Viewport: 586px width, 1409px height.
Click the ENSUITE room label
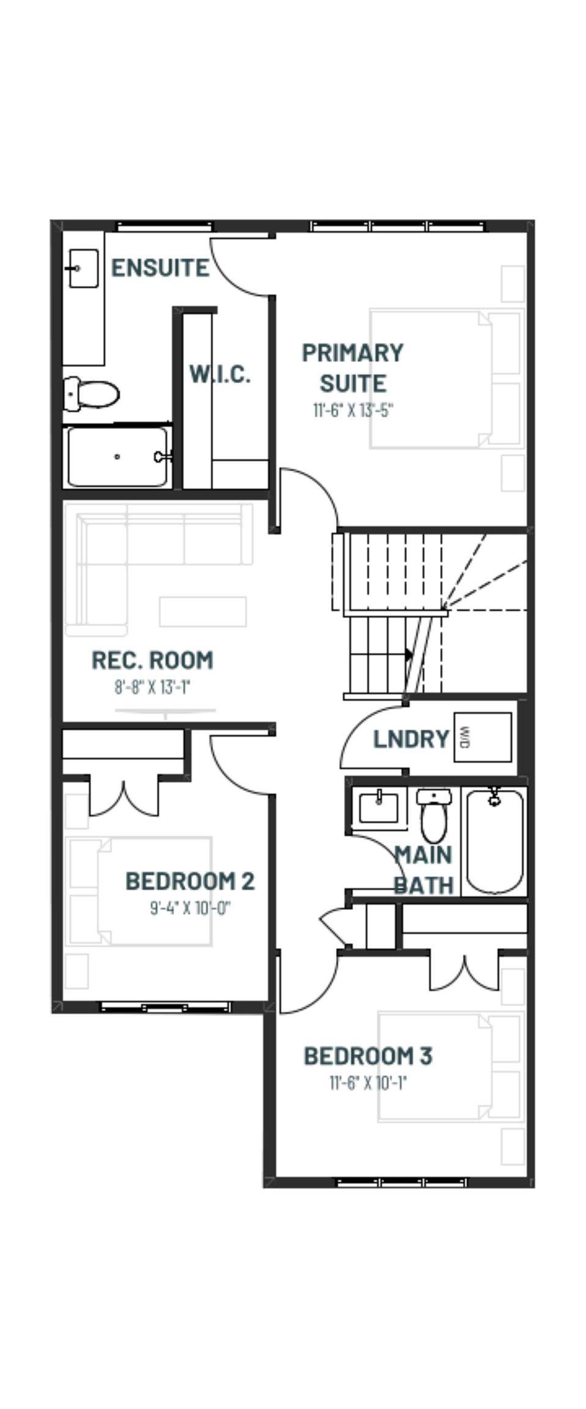click(160, 268)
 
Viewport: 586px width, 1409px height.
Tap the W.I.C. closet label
click(220, 374)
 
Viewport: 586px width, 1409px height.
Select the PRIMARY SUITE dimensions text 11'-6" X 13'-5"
click(353, 409)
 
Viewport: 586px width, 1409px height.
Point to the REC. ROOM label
click(152, 660)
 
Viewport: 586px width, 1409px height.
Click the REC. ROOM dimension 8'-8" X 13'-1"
click(152, 687)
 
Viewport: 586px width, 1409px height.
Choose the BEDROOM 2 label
click(190, 881)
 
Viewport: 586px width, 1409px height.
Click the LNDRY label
click(411, 739)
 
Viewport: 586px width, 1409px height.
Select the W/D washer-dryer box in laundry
click(482, 737)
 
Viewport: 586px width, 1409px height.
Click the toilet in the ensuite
click(92, 394)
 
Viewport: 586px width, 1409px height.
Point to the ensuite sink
click(83, 268)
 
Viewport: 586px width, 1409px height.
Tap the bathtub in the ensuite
click(117, 457)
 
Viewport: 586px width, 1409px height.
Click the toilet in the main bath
click(434, 815)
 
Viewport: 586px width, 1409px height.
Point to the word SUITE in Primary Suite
click(353, 383)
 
